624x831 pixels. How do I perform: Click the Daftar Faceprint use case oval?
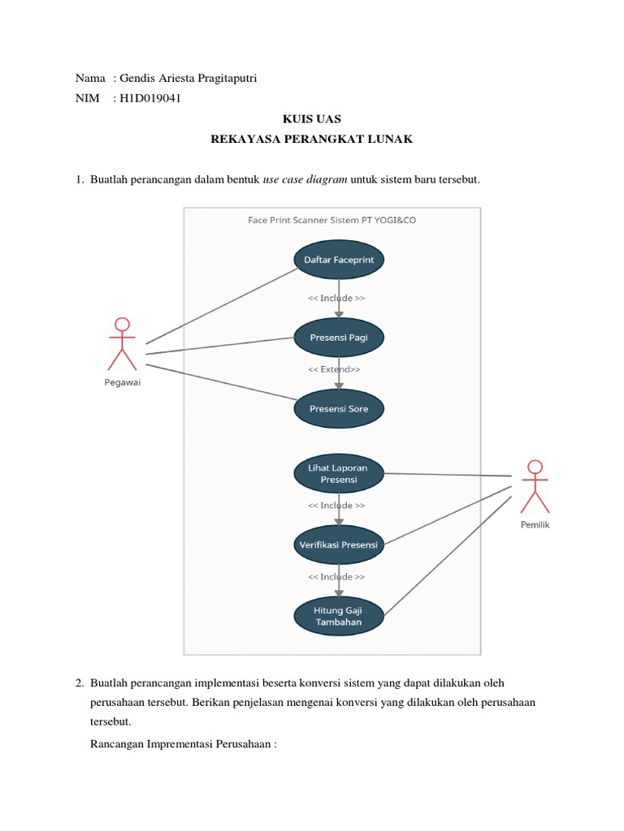tap(338, 260)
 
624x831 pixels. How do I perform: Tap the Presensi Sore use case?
tap(338, 409)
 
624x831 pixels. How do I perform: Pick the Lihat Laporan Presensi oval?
tap(338, 473)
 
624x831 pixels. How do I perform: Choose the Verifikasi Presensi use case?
tap(338, 545)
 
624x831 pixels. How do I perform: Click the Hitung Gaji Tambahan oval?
tap(338, 615)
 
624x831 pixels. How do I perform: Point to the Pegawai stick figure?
tap(123, 344)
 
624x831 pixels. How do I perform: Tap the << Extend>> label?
tap(334, 369)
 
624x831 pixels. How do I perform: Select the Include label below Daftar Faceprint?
tap(336, 298)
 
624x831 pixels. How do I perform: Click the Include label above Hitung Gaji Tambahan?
tap(336, 577)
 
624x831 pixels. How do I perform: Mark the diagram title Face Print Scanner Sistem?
tap(331, 220)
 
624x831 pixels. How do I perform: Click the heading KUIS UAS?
tap(312, 118)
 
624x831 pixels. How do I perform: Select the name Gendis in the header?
tap(136, 78)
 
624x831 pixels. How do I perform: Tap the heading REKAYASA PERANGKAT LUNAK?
tap(312, 140)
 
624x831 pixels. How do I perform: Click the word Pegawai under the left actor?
tap(122, 383)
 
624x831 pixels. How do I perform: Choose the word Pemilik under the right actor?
tap(535, 525)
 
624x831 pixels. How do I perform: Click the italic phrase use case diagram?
tap(305, 180)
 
